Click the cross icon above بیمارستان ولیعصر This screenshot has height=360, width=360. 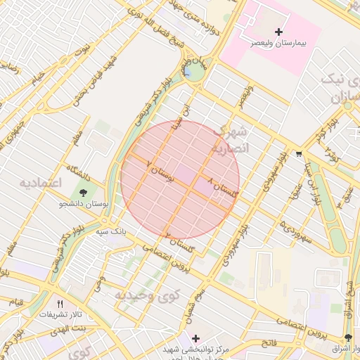pyautogui.click(x=279, y=32)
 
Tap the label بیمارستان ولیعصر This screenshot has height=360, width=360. pyautogui.click(x=280, y=44)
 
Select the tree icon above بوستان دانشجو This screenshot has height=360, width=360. pyautogui.click(x=84, y=192)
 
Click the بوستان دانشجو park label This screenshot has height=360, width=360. pyautogui.click(x=84, y=204)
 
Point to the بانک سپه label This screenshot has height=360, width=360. pyautogui.click(x=110, y=230)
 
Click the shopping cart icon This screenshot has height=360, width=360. pyautogui.click(x=299, y=153)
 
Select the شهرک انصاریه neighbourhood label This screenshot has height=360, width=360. pyautogui.click(x=231, y=140)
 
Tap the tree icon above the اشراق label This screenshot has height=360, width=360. pyautogui.click(x=348, y=338)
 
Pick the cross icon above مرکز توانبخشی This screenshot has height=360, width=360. pyautogui.click(x=195, y=339)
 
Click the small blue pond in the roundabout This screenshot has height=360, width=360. pyautogui.click(x=188, y=72)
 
